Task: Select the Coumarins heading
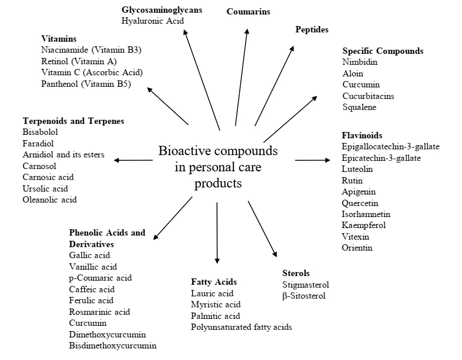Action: (x=248, y=12)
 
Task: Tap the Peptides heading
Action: (x=311, y=29)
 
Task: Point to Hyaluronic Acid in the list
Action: (x=152, y=21)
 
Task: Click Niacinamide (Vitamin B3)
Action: (x=91, y=50)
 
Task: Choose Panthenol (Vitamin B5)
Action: (x=86, y=84)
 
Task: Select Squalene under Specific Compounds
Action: (x=359, y=107)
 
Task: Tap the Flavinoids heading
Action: (x=362, y=135)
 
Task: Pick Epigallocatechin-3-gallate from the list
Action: (x=390, y=146)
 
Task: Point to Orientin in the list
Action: (x=357, y=248)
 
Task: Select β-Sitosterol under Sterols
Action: (x=304, y=296)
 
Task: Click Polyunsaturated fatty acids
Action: (x=241, y=327)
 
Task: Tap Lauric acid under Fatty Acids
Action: (x=212, y=293)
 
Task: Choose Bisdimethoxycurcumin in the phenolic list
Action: (x=112, y=346)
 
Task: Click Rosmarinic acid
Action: (x=100, y=312)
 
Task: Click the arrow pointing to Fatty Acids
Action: (x=217, y=232)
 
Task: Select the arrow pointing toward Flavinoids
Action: (x=312, y=159)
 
